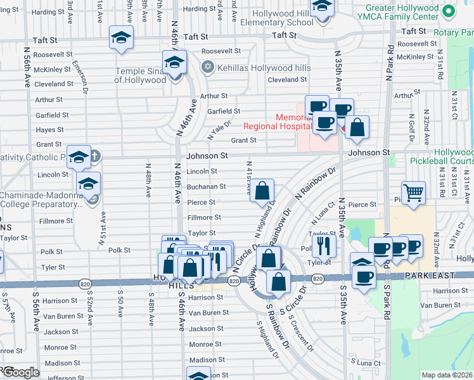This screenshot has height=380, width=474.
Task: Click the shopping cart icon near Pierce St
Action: tap(414, 193)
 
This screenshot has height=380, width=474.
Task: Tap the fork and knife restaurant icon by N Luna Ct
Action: tap(325, 245)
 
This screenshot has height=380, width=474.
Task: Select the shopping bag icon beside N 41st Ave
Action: tap(262, 191)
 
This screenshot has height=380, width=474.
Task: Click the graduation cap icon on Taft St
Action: tap(121, 39)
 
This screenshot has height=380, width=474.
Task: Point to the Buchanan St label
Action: tap(206, 187)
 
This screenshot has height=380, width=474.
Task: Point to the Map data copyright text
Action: tap(447, 375)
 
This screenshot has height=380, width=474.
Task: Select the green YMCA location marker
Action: tap(449, 11)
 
